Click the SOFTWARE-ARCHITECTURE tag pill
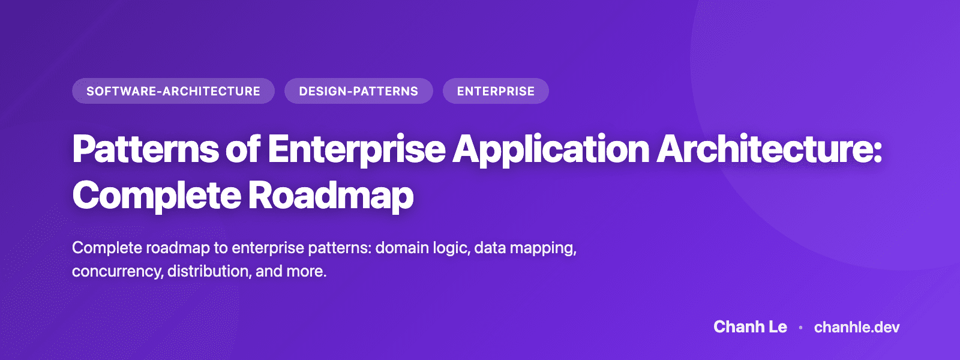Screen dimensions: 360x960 173,91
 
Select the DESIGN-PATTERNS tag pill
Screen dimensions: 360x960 358,91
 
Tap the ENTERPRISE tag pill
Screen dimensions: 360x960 496,91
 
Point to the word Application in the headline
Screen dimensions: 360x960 551,149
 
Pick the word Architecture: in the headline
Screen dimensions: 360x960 770,149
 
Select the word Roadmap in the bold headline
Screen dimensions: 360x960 331,196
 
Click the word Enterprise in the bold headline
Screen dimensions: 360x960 356,149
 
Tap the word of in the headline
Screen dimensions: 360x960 243,149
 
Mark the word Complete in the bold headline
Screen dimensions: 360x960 156,196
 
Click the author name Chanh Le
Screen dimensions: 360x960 750,327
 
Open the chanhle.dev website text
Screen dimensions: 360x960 857,327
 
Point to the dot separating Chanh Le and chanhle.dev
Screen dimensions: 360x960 800,328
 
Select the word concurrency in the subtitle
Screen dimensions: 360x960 117,271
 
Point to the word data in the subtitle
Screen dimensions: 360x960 490,248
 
